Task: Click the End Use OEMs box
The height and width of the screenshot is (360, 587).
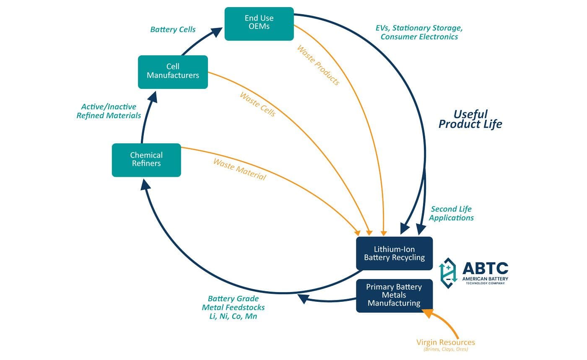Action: [259, 23]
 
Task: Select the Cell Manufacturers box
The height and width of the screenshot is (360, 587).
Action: [173, 72]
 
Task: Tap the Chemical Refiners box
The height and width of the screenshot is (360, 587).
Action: [146, 160]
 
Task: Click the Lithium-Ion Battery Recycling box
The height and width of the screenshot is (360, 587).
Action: [394, 254]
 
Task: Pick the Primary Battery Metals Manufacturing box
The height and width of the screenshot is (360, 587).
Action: [394, 295]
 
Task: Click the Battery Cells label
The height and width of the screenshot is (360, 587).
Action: [173, 30]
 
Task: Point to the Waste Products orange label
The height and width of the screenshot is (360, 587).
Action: [318, 65]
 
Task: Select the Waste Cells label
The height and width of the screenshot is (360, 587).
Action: [258, 104]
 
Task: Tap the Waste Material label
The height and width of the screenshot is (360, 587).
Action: [239, 169]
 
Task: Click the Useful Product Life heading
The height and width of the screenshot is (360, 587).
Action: [470, 119]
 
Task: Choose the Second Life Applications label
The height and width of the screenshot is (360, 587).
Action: [451, 213]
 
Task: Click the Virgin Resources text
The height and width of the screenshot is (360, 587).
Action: [446, 342]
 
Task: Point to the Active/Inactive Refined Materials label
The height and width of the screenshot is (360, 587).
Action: [109, 111]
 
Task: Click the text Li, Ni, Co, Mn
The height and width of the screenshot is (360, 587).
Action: [233, 316]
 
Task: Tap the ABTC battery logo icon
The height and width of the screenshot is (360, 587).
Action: [448, 273]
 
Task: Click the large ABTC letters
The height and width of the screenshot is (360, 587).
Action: [485, 269]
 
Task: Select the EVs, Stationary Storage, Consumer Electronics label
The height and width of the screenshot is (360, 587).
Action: [419, 32]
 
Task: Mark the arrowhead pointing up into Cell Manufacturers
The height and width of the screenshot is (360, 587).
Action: [153, 97]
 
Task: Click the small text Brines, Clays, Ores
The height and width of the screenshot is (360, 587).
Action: [446, 349]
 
